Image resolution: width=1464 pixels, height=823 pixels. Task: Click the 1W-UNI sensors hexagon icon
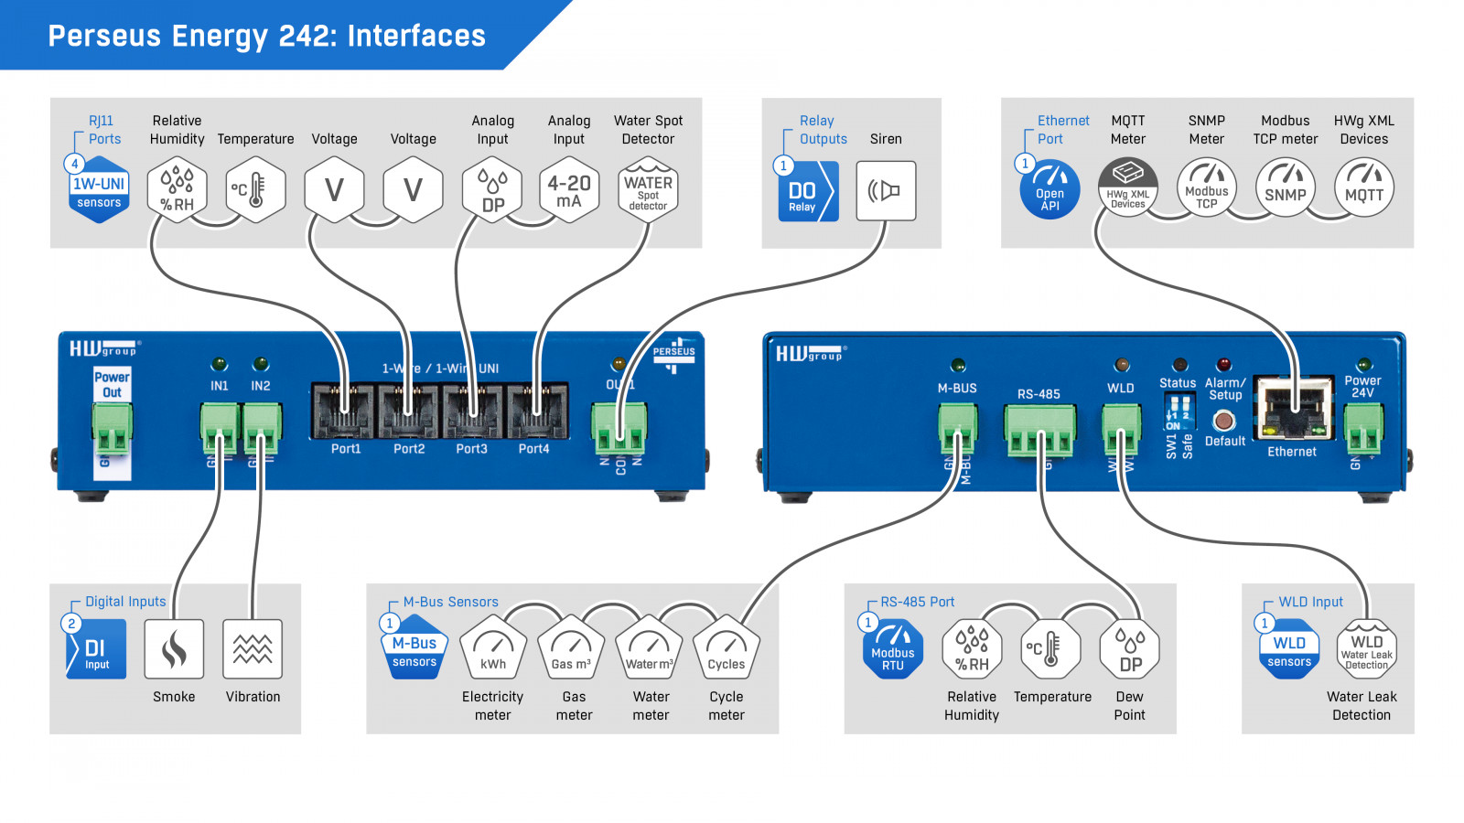(99, 190)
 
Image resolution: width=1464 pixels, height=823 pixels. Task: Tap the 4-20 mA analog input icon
(569, 190)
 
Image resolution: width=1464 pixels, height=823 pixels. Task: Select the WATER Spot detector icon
(648, 190)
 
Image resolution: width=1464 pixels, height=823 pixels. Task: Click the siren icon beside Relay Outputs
(885, 190)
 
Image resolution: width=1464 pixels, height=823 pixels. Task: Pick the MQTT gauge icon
(1363, 188)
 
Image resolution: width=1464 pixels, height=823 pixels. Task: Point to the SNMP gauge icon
(1285, 188)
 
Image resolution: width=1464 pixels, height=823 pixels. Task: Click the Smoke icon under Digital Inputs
(174, 649)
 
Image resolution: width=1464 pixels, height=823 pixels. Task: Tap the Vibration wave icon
(253, 649)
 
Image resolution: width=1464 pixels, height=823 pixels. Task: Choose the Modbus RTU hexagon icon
(893, 649)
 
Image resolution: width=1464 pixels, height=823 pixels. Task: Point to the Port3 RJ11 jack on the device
(472, 411)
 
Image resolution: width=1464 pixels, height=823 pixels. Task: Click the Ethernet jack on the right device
(1292, 408)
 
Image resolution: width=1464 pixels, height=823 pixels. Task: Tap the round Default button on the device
(1223, 421)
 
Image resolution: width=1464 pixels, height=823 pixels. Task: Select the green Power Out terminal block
(112, 428)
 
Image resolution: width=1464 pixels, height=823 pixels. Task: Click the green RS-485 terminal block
(1039, 430)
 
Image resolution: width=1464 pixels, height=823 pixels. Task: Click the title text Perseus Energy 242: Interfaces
(266, 36)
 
